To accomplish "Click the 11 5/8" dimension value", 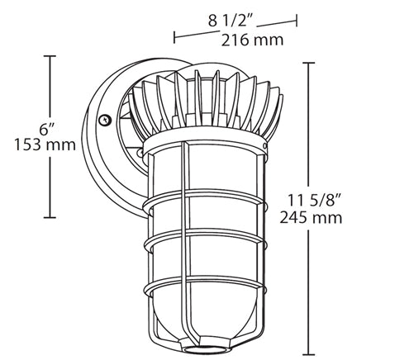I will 350,200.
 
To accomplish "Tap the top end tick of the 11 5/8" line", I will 312,63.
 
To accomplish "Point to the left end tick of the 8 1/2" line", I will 174,37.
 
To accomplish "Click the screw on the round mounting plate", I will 104,121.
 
